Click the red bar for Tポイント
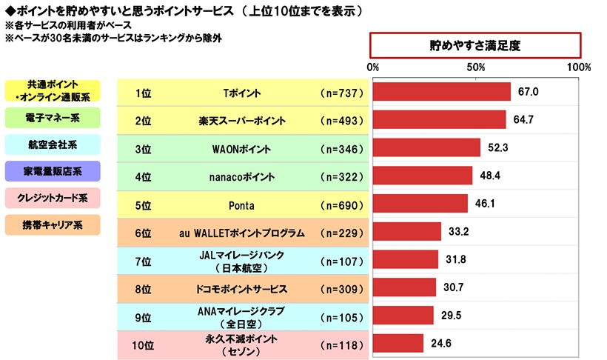click(442, 92)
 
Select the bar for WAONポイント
click(426, 147)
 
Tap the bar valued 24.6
click(398, 343)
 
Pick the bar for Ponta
click(420, 203)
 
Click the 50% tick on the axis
click(476, 67)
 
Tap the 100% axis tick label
click(578, 67)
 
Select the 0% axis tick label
click(374, 67)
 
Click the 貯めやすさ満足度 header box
click(475, 45)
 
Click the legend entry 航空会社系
click(52, 144)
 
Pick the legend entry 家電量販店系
click(52, 171)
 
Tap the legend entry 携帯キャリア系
click(52, 225)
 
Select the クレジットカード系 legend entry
click(52, 199)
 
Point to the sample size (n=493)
click(341, 121)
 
